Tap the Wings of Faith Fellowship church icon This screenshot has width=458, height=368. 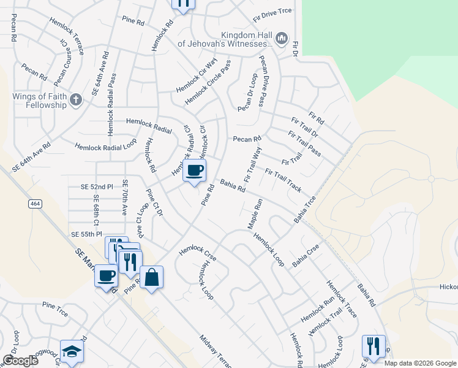point(75,99)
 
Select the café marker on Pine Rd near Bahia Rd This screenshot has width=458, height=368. point(195,171)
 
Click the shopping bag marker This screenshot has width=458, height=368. point(151,277)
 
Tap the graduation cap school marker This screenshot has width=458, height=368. point(72,351)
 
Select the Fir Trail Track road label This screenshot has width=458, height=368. point(283,180)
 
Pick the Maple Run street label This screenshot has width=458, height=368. point(255,213)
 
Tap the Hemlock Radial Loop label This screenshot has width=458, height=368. point(105,147)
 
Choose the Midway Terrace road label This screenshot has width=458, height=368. point(216,351)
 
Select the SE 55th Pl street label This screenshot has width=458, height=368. point(86,235)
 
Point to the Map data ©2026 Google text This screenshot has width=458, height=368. point(419,363)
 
